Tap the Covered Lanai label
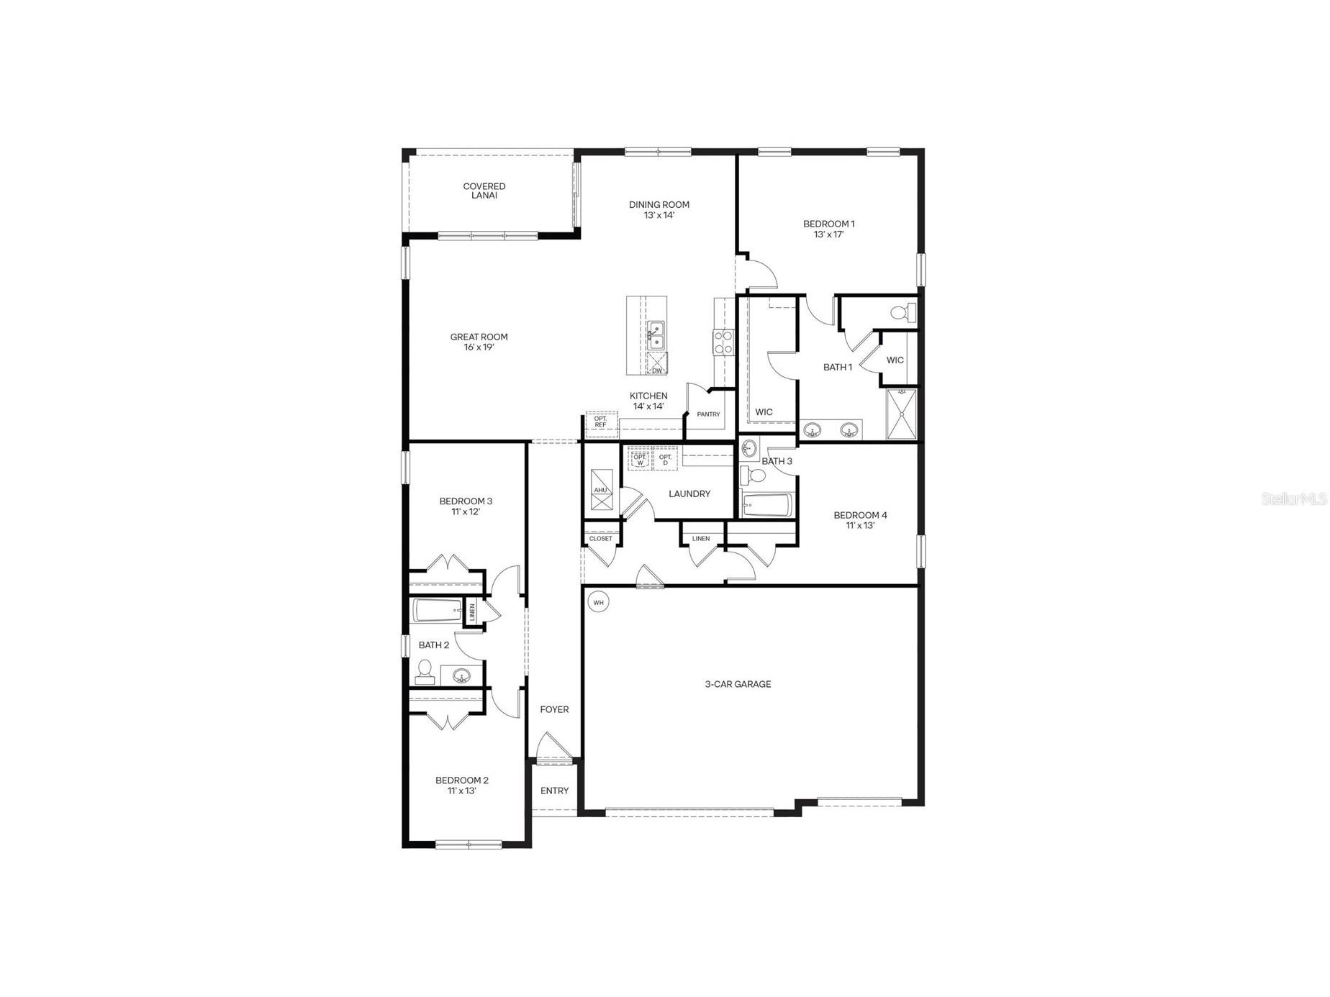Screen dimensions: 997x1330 tap(484, 191)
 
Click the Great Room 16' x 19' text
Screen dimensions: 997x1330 tap(479, 342)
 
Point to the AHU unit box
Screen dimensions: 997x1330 tap(601, 490)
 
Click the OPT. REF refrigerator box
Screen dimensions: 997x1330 tap(601, 423)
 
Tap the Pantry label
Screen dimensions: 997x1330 tap(708, 414)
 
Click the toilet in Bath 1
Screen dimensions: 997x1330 tap(902, 313)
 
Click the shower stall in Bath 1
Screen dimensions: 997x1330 tap(902, 414)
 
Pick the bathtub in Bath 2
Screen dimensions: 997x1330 tap(437, 611)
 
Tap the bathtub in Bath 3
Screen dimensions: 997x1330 tap(767, 505)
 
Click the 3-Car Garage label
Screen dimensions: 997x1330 tap(738, 684)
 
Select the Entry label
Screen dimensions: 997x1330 tap(554, 791)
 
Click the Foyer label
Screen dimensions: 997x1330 tap(554, 709)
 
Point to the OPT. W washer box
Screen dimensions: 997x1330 tap(639, 459)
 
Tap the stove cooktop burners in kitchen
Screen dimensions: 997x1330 tap(723, 342)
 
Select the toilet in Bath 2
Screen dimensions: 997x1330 tap(425, 671)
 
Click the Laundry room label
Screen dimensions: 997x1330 tap(689, 493)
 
